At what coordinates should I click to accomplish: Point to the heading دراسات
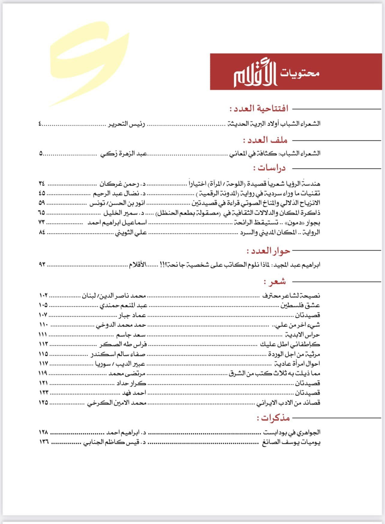point(269,168)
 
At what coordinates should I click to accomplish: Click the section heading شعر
point(274,282)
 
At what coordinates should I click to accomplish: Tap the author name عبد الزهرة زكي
point(123,154)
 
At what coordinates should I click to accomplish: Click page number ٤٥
point(42,193)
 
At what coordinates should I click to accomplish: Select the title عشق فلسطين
point(300,306)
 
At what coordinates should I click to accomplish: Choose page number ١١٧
point(43,364)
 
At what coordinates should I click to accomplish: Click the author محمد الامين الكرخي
point(117,403)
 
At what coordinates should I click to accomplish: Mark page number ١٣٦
point(43,442)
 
